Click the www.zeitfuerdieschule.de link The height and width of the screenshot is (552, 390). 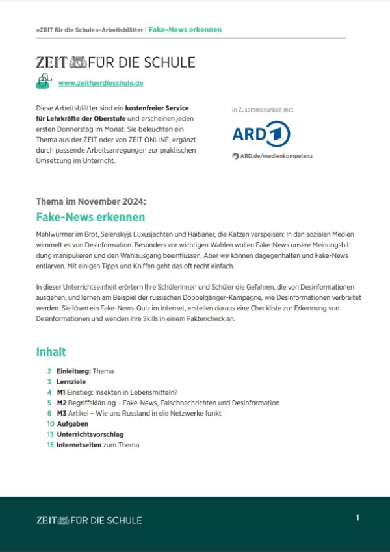coord(101,83)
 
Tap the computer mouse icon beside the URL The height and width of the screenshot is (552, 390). coord(44,81)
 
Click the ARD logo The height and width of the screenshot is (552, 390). coord(261,134)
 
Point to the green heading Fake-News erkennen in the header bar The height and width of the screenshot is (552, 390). coord(185,30)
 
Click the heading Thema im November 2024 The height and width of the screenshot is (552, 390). coord(86,201)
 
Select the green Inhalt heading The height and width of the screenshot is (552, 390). coord(51,352)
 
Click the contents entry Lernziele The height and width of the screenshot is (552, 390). coord(71,382)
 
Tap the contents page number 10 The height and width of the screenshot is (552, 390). coord(49,423)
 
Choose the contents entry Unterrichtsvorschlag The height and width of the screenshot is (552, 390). coord(90,434)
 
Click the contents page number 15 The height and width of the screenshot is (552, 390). coord(49,445)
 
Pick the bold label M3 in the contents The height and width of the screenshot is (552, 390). coord(62,413)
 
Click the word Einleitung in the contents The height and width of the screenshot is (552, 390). coord(73,371)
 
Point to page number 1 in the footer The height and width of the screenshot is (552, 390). coord(357,518)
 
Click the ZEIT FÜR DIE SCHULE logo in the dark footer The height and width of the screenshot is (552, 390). coord(89,520)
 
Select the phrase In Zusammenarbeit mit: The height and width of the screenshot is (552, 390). coord(262,110)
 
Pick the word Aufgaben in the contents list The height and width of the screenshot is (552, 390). coord(72,423)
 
